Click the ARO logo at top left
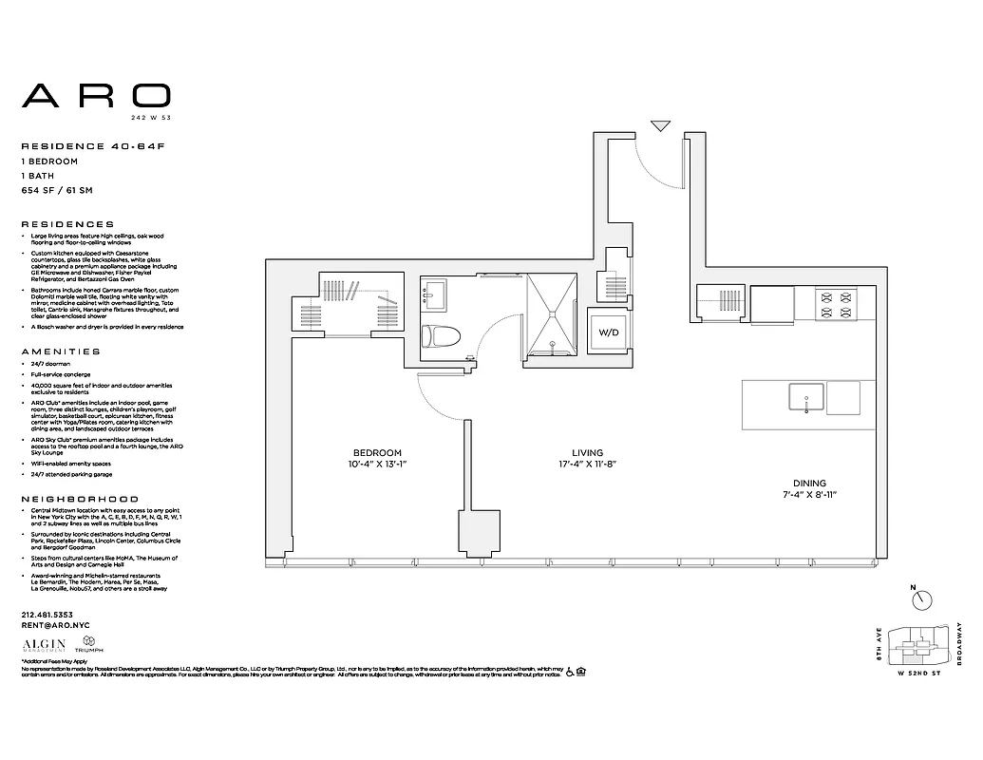(x=96, y=95)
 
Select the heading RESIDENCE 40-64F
(x=77, y=146)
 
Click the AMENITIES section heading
(x=60, y=351)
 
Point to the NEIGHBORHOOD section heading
(x=79, y=499)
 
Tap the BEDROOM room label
(x=377, y=453)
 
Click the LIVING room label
(x=588, y=453)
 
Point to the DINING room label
(x=803, y=483)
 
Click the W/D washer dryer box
(x=608, y=334)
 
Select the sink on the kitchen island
(x=805, y=397)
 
